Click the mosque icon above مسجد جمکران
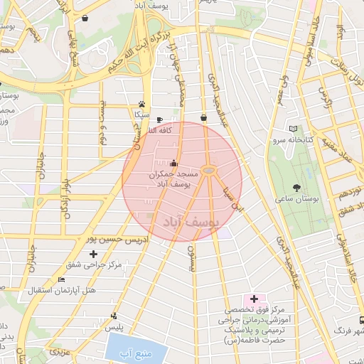[174, 163]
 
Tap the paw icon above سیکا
[142, 103]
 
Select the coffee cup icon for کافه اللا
[159, 119]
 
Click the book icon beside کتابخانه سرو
[295, 129]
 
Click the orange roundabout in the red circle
[208, 170]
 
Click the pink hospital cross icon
[254, 299]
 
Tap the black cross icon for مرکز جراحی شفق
[92, 254]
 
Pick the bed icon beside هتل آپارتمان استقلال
[62, 279]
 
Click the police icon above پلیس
[114, 316]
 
